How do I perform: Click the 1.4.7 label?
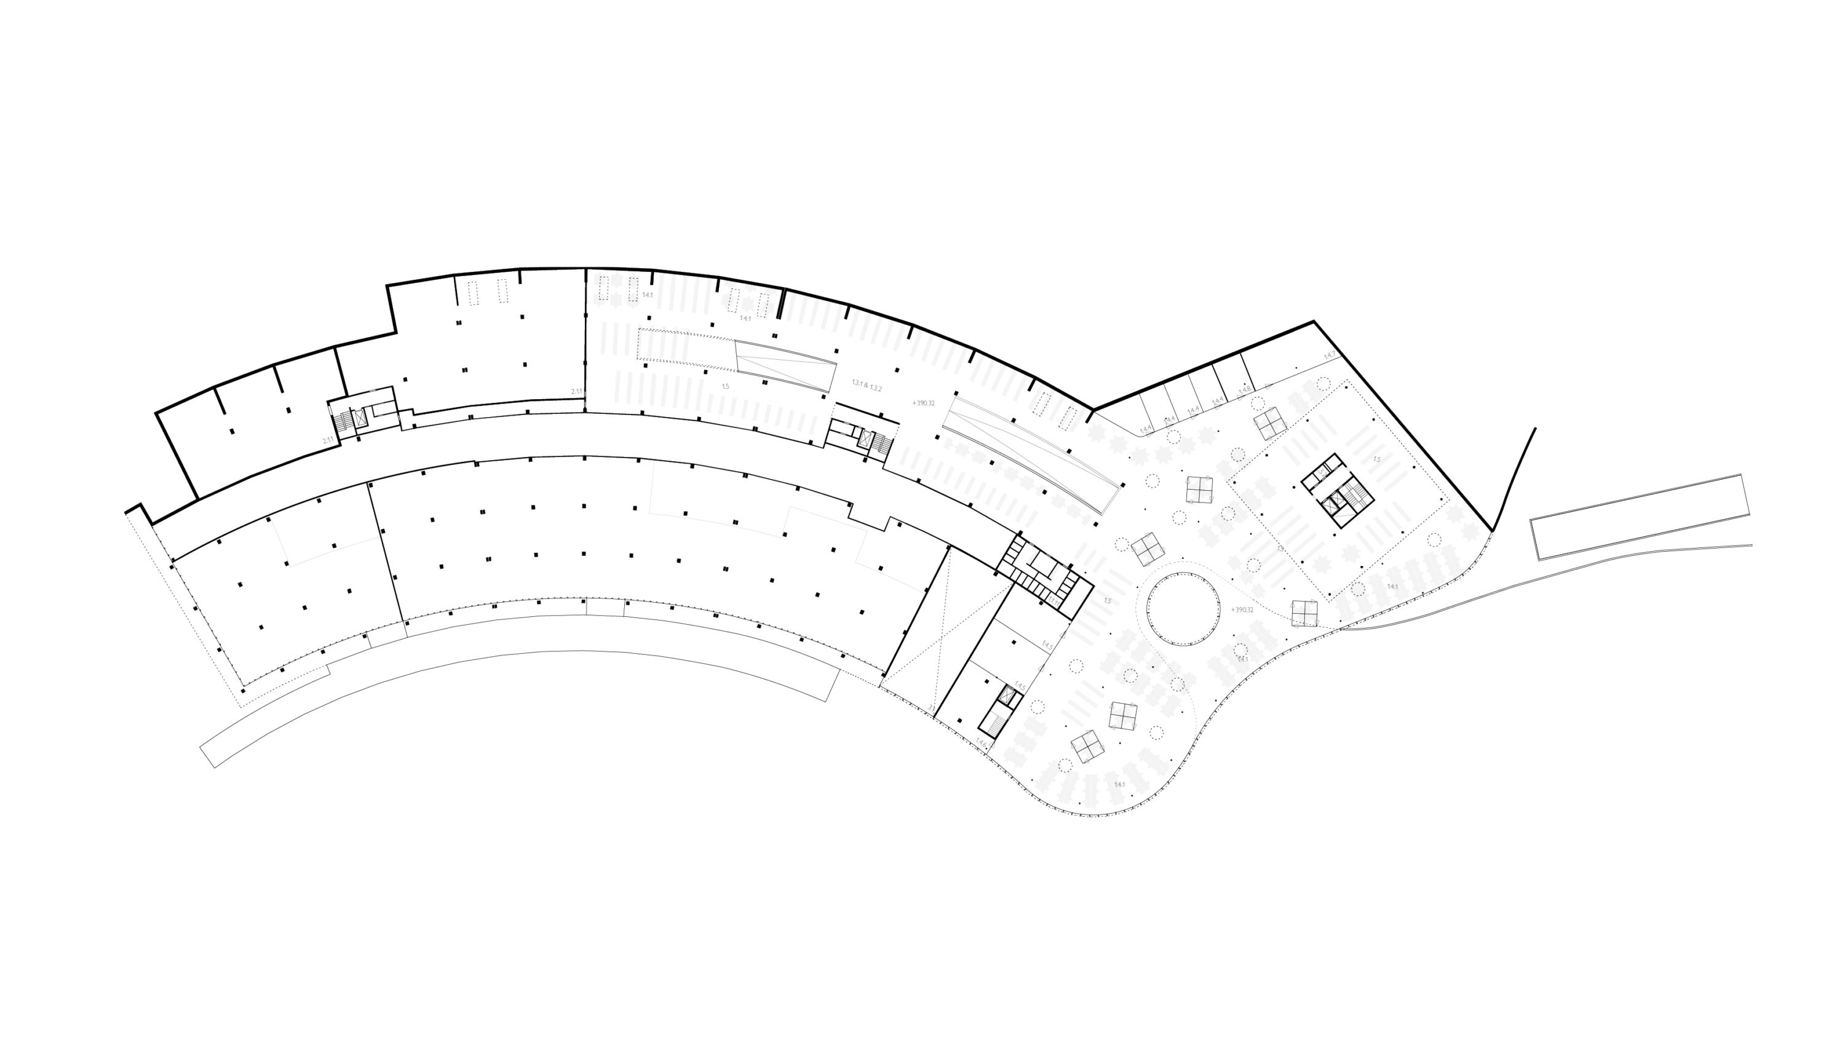pos(1330,355)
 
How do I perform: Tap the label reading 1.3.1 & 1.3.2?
pos(867,385)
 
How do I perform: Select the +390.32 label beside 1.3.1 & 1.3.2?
pos(923,402)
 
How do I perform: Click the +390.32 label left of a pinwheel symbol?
pos(1242,610)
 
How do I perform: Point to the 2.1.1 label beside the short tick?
pos(576,391)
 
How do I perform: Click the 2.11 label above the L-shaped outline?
pos(328,440)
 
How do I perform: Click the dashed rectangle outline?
pos(1332,484)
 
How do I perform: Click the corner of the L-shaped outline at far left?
pos(290,566)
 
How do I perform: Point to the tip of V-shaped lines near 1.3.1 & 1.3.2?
pos(737,356)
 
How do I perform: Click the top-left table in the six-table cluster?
pos(599,279)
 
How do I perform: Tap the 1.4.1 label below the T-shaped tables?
pos(745,319)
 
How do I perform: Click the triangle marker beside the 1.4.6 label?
pos(991,744)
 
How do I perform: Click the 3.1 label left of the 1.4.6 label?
pos(932,708)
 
